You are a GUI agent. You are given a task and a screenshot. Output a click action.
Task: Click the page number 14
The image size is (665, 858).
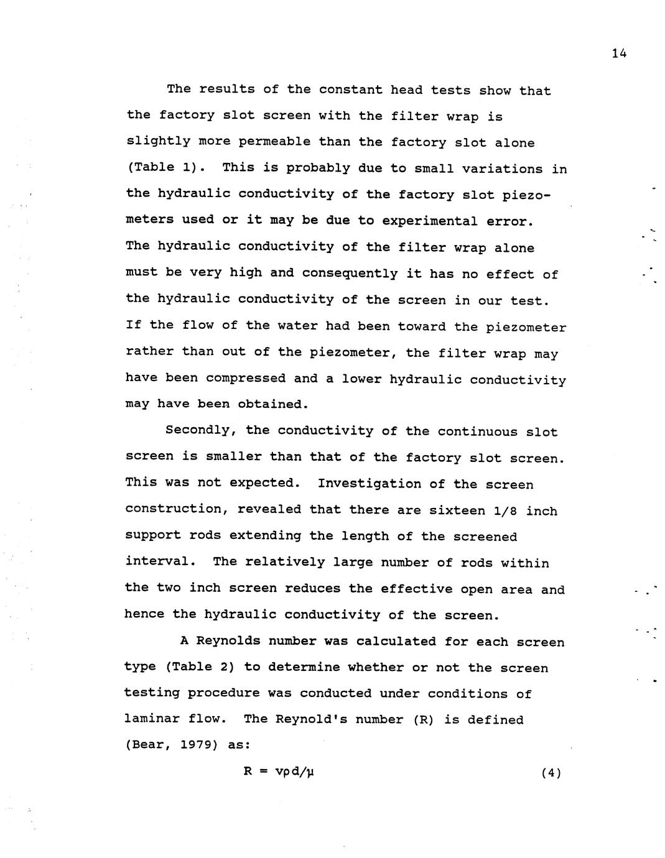(618, 53)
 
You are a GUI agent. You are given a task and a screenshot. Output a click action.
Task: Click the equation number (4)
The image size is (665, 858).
(551, 773)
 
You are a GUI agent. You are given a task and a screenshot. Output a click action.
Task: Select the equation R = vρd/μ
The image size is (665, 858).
(279, 772)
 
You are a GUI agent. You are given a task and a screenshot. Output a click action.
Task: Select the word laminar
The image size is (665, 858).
(152, 719)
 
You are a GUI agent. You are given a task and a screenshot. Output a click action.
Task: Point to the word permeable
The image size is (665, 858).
(274, 142)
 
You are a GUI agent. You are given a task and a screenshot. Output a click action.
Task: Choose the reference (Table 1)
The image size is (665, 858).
(165, 168)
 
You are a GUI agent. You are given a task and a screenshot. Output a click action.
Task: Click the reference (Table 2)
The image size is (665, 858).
(200, 667)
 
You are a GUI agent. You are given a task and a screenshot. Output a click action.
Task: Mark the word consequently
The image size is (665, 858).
(350, 274)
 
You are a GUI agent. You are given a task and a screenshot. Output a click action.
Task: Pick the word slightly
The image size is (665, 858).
(158, 142)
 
